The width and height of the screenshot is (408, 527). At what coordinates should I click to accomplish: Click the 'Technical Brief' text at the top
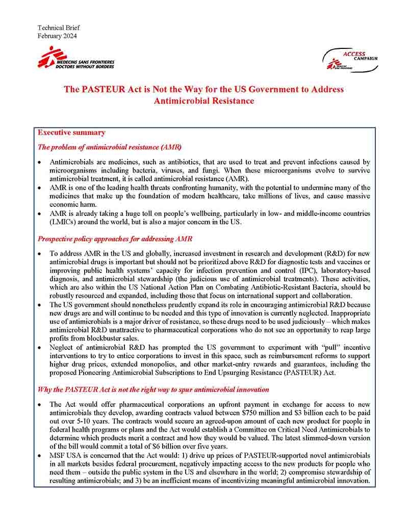click(59, 27)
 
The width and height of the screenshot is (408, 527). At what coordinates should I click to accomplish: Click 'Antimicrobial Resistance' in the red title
click(204, 101)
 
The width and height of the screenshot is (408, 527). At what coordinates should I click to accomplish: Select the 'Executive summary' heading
click(71, 132)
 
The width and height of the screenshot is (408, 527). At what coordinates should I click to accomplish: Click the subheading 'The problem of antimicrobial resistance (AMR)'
click(110, 148)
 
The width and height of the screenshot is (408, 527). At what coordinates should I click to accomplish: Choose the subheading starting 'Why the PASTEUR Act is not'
click(154, 390)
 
